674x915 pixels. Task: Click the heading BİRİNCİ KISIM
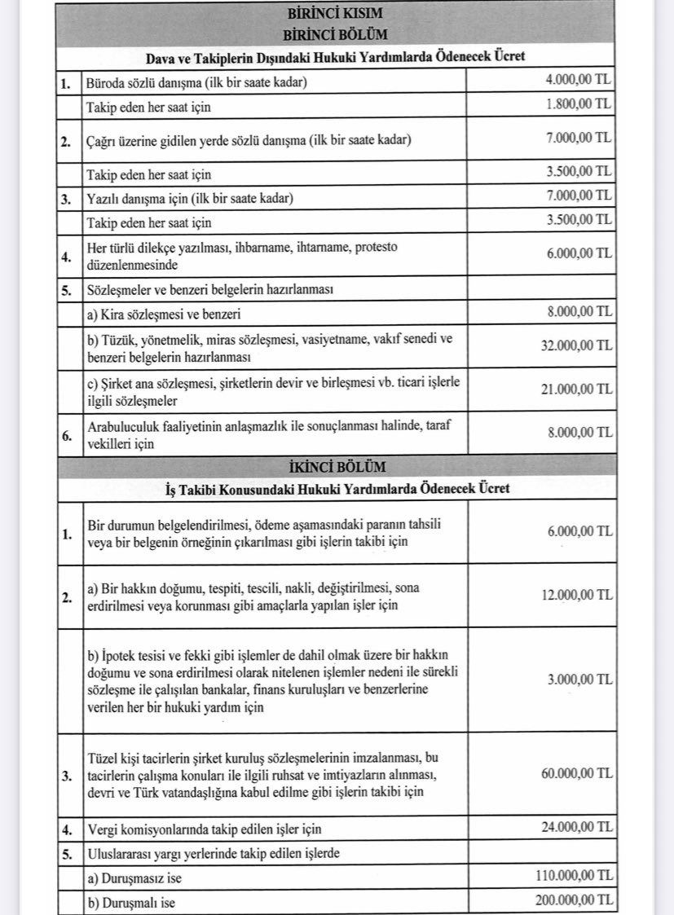334,14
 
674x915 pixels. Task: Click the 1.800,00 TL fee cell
579,104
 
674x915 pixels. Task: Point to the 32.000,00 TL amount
576,345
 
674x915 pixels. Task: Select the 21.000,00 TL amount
576,389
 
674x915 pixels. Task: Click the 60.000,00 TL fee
576,773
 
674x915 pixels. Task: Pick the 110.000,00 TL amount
573,877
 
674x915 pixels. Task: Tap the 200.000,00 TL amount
573,900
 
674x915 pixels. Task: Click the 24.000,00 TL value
576,829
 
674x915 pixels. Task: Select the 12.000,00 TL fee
576,596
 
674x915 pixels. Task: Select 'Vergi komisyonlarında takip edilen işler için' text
204,829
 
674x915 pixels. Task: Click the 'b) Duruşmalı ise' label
130,902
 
